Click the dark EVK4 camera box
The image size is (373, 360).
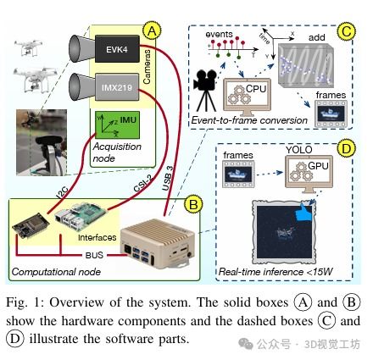point(117,49)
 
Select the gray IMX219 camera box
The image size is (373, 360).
point(117,87)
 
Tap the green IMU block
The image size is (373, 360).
point(117,125)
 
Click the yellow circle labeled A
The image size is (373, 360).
point(152,30)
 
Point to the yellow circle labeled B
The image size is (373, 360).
point(193,204)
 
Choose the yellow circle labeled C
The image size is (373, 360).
point(346,31)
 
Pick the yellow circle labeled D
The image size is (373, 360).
point(346,148)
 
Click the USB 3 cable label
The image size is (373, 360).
point(168,178)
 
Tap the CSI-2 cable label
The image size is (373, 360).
point(142,184)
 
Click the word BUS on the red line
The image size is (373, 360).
point(94,255)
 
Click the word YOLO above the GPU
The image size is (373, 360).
point(299,150)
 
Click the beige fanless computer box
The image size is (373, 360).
point(159,243)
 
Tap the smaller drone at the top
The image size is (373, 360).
point(28,47)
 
